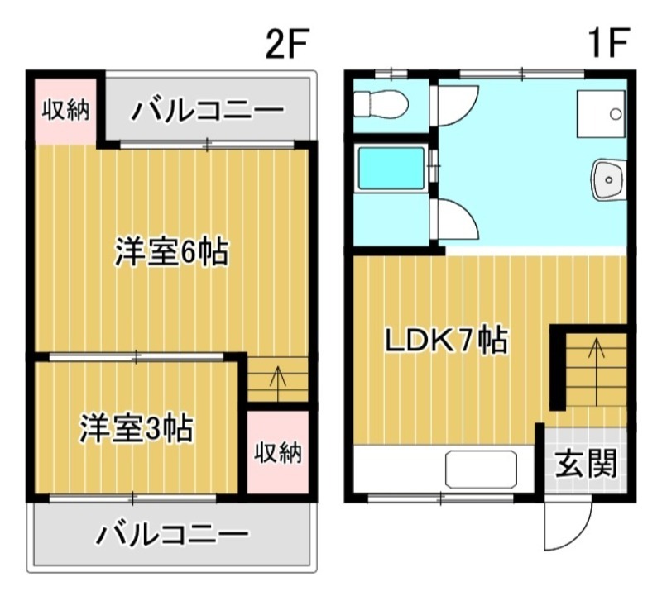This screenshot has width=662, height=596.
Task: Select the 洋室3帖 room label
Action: tap(137, 428)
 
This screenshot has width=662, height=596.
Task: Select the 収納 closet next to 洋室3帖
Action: tap(277, 452)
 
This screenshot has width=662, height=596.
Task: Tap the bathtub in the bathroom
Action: tap(390, 169)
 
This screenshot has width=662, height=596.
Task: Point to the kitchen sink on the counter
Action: tap(482, 469)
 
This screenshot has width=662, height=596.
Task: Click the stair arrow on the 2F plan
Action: tap(278, 381)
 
